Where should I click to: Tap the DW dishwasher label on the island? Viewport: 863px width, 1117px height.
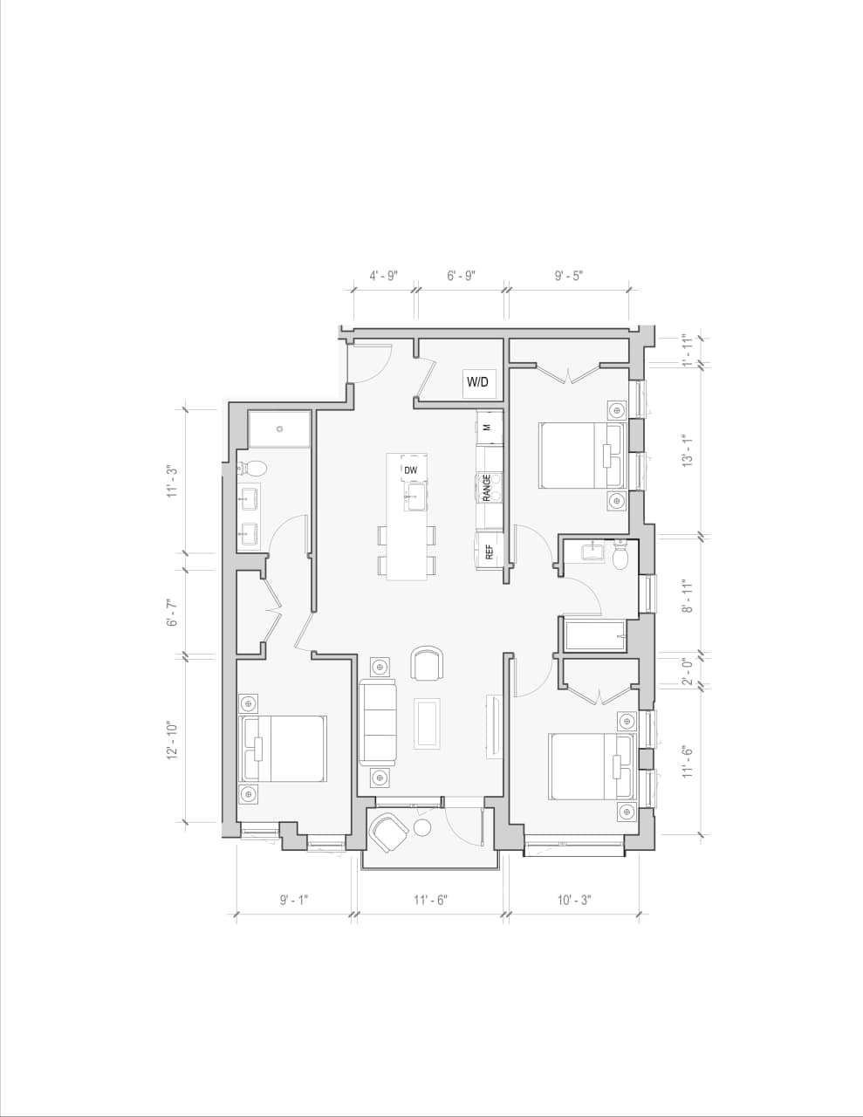point(411,470)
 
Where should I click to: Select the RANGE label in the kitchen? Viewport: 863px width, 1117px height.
point(487,487)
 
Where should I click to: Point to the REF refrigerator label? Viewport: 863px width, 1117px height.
point(490,552)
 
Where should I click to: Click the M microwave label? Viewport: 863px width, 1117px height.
point(487,428)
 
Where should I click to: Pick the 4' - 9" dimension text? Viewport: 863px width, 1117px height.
point(383,276)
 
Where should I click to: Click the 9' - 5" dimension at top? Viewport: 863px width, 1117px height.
point(569,276)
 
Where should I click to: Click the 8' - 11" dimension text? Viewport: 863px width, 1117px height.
point(688,595)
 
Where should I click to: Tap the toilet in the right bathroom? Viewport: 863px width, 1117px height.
point(620,556)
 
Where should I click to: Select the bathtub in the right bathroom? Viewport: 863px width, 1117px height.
point(595,635)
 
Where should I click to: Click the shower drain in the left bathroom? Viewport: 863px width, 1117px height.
point(280,428)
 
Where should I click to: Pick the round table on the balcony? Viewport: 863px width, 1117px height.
point(423,827)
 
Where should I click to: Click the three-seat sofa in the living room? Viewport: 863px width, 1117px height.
point(378,723)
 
